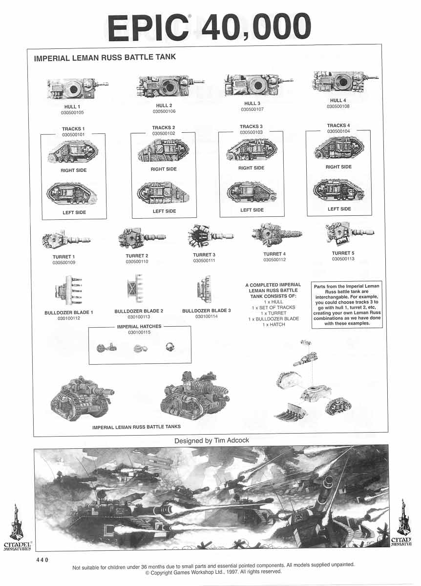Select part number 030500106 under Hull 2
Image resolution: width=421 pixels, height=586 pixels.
point(164,111)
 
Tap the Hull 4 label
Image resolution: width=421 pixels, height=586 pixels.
point(338,101)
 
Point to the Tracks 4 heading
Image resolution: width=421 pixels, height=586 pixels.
point(338,126)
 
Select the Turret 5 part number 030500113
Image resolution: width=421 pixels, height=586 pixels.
point(343,259)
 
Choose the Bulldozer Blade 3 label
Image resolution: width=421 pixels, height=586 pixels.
point(206,311)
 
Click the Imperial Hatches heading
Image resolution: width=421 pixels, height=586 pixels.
point(139,327)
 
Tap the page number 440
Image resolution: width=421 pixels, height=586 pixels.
point(42,560)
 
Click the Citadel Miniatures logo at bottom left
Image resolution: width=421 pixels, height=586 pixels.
point(18,527)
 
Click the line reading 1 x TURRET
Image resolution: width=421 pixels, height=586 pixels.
point(274,313)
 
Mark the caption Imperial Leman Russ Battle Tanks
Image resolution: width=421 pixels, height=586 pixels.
point(136,427)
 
